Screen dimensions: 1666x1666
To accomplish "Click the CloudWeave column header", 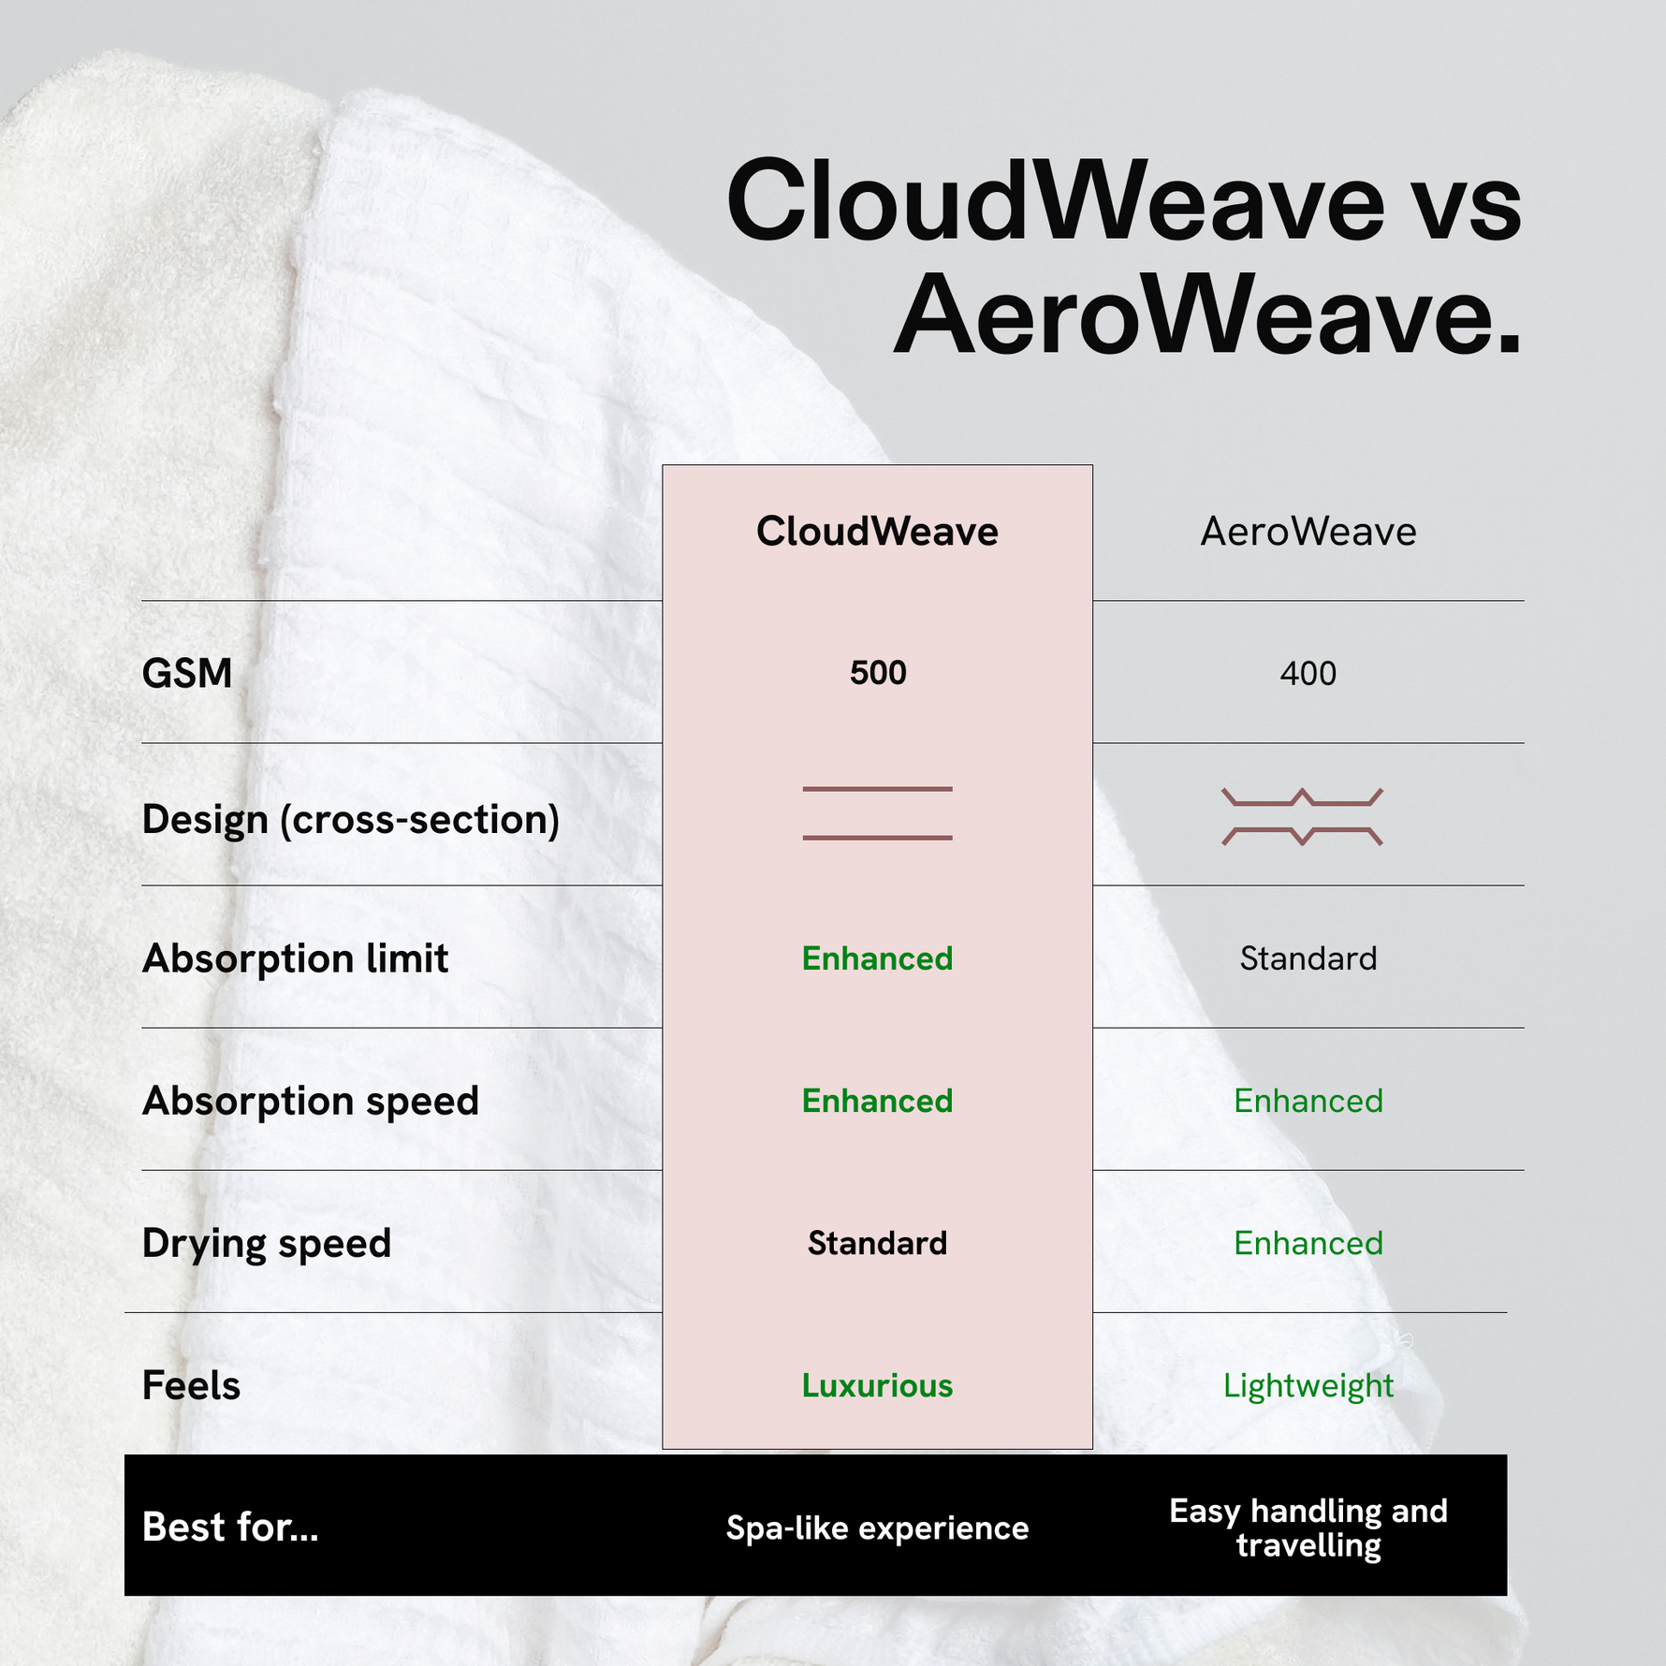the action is (877, 532).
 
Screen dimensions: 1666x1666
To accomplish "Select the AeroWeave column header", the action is (1308, 532).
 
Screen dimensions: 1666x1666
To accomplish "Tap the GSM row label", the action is (187, 673).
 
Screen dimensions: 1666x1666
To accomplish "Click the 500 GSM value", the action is (878, 673).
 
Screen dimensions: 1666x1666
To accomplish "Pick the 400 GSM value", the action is (1308, 673).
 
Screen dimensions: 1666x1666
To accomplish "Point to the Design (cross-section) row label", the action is (351, 820).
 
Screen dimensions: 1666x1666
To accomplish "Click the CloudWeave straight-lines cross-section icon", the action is (877, 813).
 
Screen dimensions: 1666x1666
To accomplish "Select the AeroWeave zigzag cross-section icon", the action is (1302, 817).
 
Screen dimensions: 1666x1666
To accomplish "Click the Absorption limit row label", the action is (295, 958).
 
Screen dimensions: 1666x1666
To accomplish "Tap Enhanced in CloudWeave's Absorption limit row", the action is (877, 958).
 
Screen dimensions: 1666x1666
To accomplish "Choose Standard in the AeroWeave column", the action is (1308, 958).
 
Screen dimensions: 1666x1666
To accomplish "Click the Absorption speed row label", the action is (310, 1102).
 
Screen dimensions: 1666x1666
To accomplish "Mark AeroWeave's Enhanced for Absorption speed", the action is (1308, 1101).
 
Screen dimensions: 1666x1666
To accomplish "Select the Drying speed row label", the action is (267, 1244).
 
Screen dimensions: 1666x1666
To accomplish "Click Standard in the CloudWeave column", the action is (877, 1243).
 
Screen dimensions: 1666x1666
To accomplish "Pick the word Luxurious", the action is (877, 1385).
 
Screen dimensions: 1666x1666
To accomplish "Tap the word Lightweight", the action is (1308, 1386).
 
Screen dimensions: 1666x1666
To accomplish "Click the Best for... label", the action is (230, 1527).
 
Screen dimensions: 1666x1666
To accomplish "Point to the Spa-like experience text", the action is (877, 1528).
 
